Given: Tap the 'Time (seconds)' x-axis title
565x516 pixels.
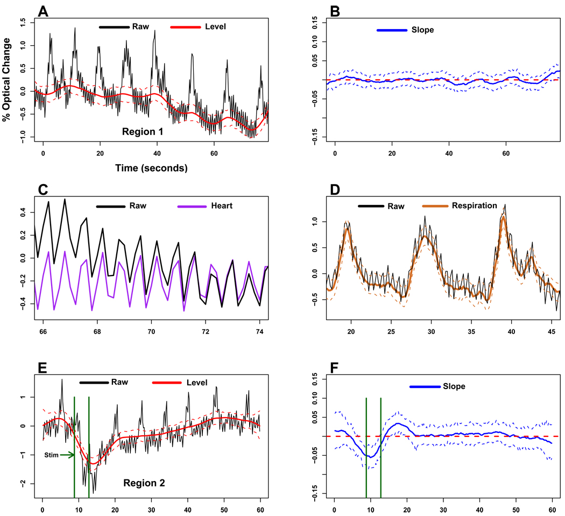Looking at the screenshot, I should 151,168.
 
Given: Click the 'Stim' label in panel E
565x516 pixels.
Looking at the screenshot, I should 51,455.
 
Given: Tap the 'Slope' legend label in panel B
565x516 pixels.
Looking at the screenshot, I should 423,30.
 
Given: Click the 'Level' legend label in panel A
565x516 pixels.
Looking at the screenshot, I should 214,26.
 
